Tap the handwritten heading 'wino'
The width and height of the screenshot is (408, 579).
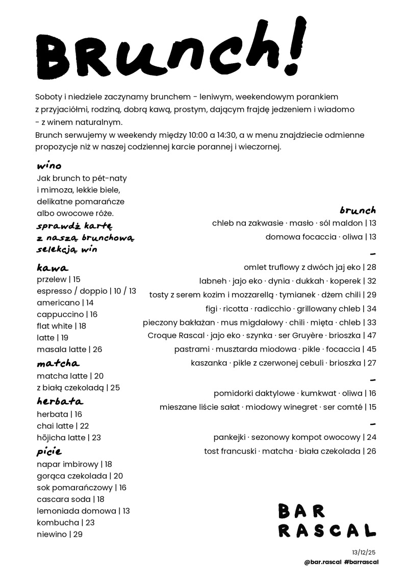point(49,166)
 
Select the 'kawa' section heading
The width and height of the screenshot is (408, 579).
point(53,268)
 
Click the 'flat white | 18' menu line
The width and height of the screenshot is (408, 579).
point(62,326)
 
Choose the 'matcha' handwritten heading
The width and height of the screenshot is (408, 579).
point(58,364)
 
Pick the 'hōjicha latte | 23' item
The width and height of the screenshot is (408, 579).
point(69,437)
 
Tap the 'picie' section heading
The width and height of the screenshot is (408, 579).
point(49,451)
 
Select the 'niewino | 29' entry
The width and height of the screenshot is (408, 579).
point(60,534)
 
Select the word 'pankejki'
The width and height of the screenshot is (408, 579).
point(229,437)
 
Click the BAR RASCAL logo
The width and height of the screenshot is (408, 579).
point(327,520)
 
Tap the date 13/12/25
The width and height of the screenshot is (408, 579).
point(363,552)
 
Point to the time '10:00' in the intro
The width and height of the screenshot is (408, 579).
point(199,135)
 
